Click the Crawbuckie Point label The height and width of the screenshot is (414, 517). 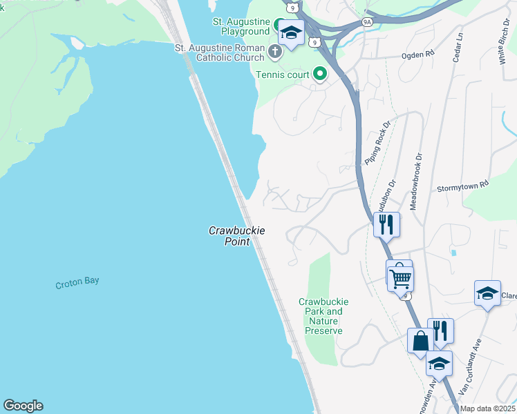[x=237, y=235]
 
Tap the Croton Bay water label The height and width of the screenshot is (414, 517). [x=77, y=283]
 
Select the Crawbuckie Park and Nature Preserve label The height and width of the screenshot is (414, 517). [x=323, y=316]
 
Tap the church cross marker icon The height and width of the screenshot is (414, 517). [x=275, y=52]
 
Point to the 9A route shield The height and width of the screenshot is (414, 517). [x=366, y=22]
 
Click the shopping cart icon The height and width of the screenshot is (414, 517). [x=400, y=279]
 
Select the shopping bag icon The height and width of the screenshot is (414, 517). [x=421, y=341]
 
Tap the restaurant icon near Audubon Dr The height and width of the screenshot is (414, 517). [x=386, y=224]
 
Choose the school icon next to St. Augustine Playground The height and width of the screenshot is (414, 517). [x=291, y=32]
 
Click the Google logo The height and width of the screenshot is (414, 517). [x=23, y=406]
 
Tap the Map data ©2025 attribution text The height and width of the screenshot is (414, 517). [x=487, y=408]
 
